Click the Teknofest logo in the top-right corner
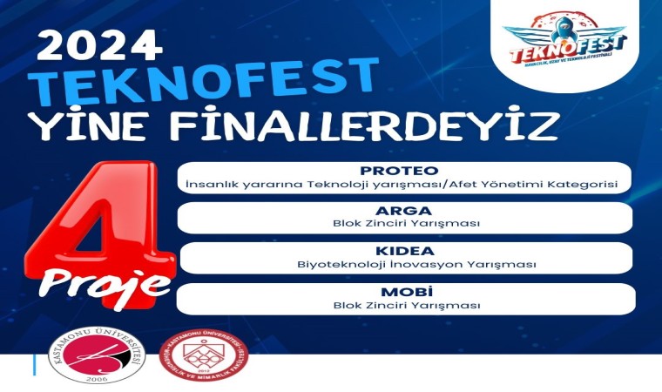(x=564, y=39)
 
